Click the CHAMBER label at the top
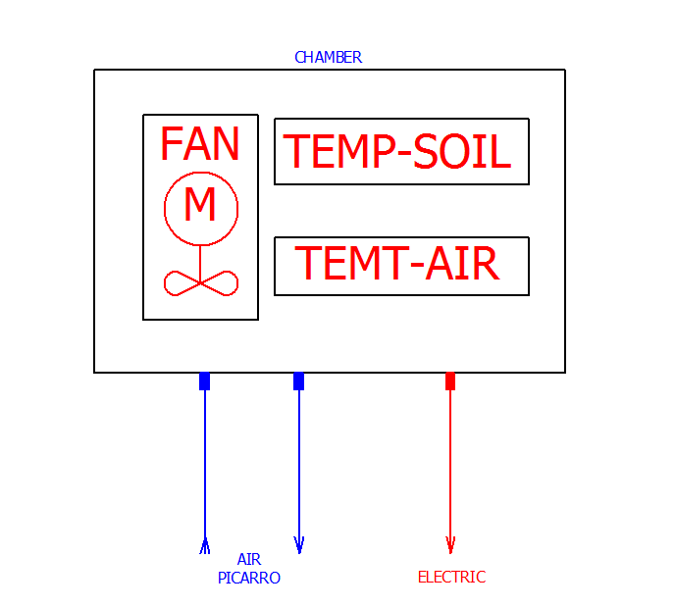(x=328, y=58)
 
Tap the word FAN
(x=199, y=145)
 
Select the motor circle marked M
(x=200, y=208)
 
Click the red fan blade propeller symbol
(x=200, y=282)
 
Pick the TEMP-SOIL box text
(x=397, y=153)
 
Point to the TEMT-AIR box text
(x=396, y=264)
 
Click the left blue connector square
(x=204, y=381)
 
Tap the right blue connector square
(x=298, y=381)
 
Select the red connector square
(x=450, y=381)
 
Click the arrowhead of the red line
(x=450, y=545)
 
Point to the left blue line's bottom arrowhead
(x=204, y=545)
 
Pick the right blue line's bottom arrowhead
(x=298, y=545)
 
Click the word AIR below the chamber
(x=248, y=560)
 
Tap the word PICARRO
(x=249, y=579)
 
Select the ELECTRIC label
(x=451, y=578)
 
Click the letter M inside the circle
(x=200, y=205)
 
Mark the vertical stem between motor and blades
(x=200, y=261)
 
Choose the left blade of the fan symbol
(x=182, y=283)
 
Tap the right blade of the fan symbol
(x=219, y=283)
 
